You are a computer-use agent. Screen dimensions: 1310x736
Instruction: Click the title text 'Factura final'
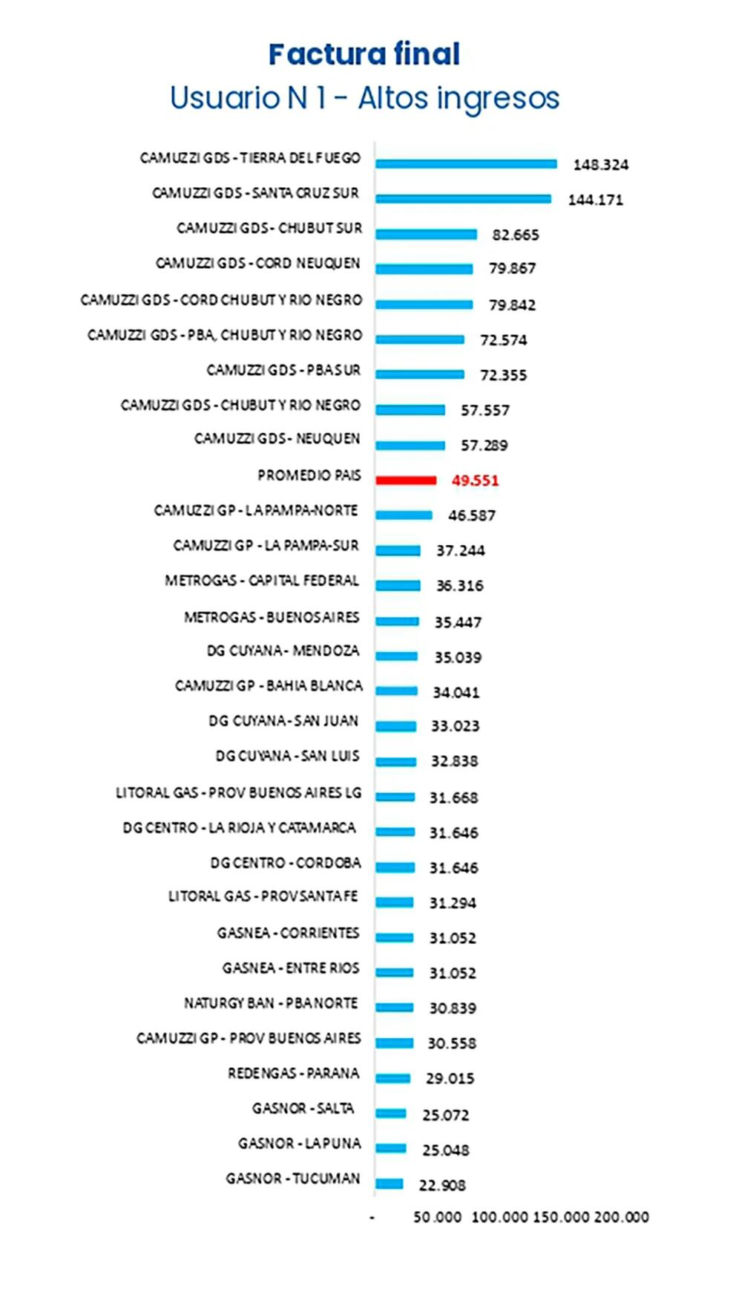point(364,54)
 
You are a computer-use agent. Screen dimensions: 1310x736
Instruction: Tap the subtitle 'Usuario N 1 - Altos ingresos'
point(364,98)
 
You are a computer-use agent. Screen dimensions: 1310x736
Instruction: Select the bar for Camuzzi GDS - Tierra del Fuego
point(466,164)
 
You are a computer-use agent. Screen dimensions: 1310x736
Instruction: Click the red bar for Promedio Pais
point(406,480)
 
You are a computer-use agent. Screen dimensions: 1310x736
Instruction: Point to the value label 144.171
point(595,200)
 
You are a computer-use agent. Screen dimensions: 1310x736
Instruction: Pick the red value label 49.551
point(475,480)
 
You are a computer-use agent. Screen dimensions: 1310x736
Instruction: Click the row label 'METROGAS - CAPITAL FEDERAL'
point(262,581)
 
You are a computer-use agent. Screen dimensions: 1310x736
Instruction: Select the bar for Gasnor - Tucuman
point(390,1184)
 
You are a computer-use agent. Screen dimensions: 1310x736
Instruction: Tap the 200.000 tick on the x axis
point(621,1217)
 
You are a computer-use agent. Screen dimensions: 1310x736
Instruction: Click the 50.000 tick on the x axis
point(437,1217)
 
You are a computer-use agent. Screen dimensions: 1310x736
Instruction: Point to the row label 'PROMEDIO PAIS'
point(309,475)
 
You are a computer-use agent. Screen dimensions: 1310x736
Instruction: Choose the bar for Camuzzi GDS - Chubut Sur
point(426,235)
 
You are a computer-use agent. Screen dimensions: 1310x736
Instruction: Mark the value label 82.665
point(516,235)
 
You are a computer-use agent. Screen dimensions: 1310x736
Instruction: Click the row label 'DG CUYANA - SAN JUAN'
point(283,721)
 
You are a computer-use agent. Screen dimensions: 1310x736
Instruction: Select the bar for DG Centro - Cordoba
point(395,867)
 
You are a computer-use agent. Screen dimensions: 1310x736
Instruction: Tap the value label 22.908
point(442,1185)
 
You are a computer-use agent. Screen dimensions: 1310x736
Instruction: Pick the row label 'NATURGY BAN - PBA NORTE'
point(271,1003)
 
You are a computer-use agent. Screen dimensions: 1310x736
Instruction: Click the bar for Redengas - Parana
point(393,1078)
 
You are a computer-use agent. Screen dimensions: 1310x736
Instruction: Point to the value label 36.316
point(459,586)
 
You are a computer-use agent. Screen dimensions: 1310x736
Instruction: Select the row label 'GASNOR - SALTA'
point(303,1109)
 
